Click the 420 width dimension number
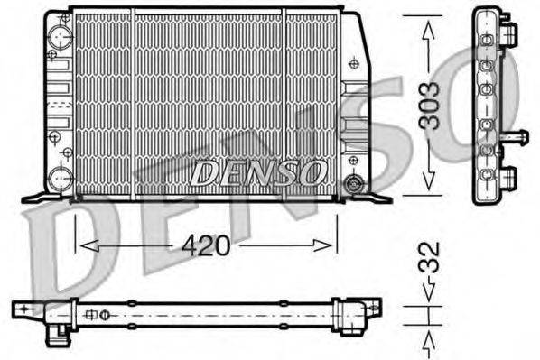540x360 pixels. [206, 244]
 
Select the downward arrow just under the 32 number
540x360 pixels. [429, 291]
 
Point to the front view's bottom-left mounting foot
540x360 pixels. [38, 196]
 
